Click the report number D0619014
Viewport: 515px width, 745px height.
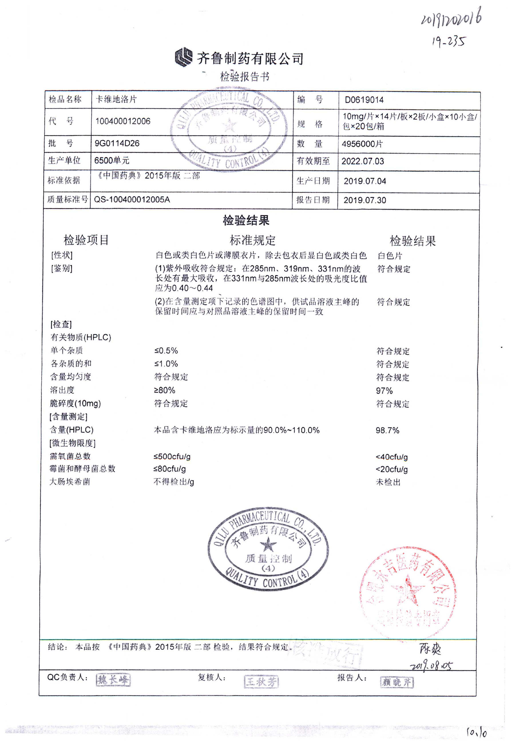(x=364, y=100)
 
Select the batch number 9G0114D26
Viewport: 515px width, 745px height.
(x=117, y=143)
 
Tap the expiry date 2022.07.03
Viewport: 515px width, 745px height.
(x=363, y=161)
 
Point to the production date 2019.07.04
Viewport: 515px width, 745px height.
(x=365, y=181)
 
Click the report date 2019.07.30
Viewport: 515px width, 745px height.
(x=365, y=200)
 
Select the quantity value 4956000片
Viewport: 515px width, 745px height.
(x=362, y=144)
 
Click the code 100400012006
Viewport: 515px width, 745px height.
(x=123, y=121)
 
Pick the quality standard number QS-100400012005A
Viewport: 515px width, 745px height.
(x=132, y=200)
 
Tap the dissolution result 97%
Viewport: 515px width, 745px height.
(x=384, y=391)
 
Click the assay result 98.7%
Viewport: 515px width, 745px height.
(x=387, y=430)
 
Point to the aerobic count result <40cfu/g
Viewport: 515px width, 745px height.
(x=391, y=457)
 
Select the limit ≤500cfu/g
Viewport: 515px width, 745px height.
(x=172, y=457)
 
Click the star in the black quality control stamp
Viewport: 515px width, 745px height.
(x=268, y=545)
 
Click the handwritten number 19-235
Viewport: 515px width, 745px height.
(x=449, y=41)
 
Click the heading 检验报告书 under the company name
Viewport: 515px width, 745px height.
(x=245, y=77)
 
